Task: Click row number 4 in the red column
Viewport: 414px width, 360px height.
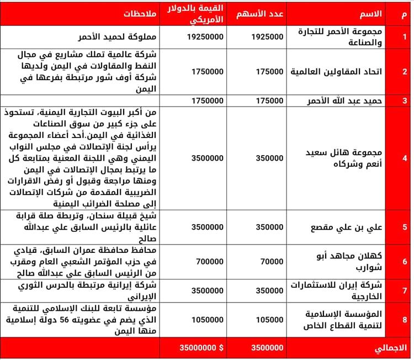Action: pyautogui.click(x=405, y=157)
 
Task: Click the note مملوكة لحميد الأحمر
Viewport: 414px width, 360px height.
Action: pyautogui.click(x=116, y=38)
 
